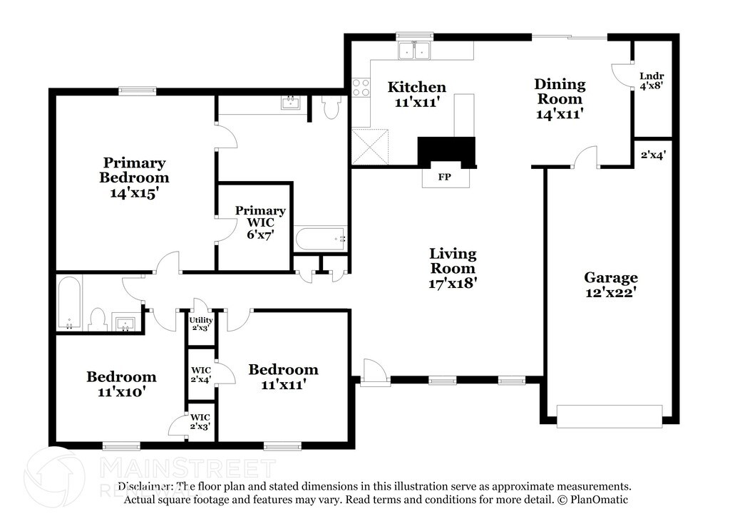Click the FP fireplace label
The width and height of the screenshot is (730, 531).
pyautogui.click(x=445, y=177)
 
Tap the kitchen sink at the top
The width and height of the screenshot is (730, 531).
pyautogui.click(x=414, y=50)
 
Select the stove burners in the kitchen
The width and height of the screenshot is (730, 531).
pyautogui.click(x=361, y=88)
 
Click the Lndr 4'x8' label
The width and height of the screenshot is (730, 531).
pyautogui.click(x=652, y=81)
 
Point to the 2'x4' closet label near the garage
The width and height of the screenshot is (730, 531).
pyautogui.click(x=653, y=155)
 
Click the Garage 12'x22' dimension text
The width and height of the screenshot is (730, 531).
pyautogui.click(x=611, y=292)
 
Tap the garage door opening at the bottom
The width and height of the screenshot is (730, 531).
pyautogui.click(x=610, y=416)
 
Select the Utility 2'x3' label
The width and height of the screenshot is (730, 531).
pyautogui.click(x=201, y=324)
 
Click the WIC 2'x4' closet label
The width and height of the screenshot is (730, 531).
pyautogui.click(x=201, y=375)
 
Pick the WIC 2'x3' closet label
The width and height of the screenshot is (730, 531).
pyautogui.click(x=200, y=421)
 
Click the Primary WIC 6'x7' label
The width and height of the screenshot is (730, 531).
pyautogui.click(x=260, y=222)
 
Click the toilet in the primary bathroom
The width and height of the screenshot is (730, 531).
pyautogui.click(x=331, y=107)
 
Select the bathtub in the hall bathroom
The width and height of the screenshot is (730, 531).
pyautogui.click(x=69, y=303)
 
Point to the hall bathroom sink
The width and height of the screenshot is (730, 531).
pyautogui.click(x=125, y=324)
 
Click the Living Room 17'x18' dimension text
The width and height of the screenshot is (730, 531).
pyautogui.click(x=453, y=282)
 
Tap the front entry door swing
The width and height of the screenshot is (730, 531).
pyautogui.click(x=375, y=371)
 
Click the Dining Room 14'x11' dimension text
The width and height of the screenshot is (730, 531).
pyautogui.click(x=560, y=113)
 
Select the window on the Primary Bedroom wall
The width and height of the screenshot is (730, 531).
pyautogui.click(x=137, y=91)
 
